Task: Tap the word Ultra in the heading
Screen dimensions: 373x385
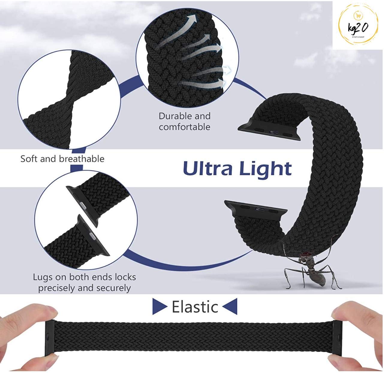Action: (x=207, y=169)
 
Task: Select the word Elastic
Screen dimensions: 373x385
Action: (x=195, y=307)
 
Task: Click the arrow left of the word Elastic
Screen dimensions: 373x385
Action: (x=160, y=306)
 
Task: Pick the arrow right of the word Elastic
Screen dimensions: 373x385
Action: (x=230, y=306)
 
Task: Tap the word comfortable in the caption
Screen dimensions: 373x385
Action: (x=184, y=127)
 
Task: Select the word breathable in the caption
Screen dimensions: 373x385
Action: (x=82, y=159)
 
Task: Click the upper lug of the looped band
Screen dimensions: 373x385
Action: (x=269, y=129)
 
